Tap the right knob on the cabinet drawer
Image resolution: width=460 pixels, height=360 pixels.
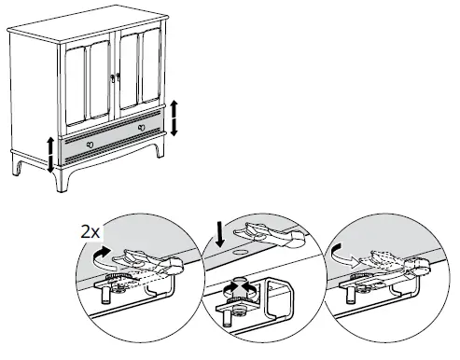pos(141,126)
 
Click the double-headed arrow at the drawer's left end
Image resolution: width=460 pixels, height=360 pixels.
pos(51,154)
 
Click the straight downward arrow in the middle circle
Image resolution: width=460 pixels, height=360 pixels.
pos(217,230)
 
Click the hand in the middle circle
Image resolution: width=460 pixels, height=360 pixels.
pos(266,232)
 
